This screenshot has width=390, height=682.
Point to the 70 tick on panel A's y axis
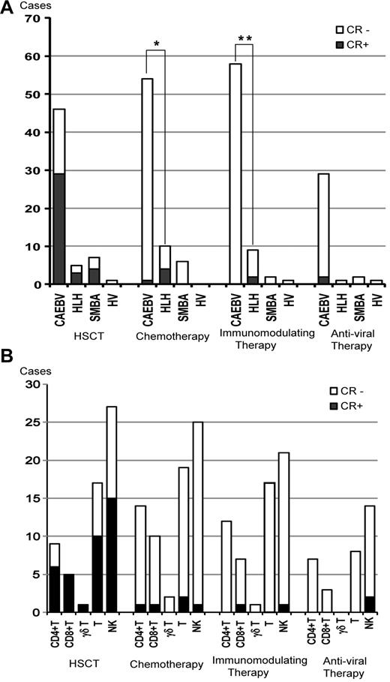click(31, 18)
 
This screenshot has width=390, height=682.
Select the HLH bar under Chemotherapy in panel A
click(163, 265)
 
